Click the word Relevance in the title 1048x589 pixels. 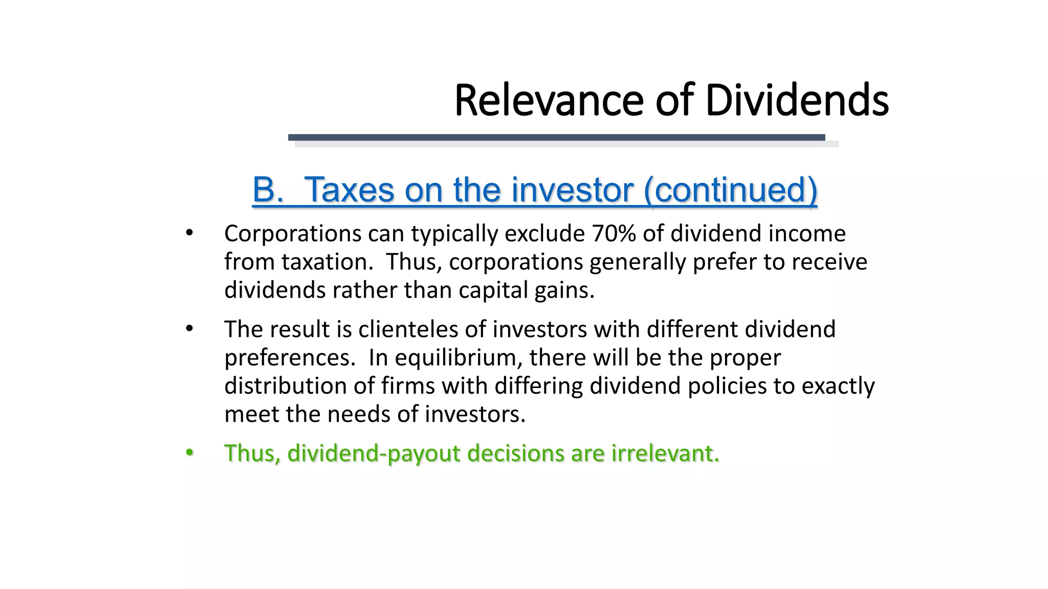(548, 101)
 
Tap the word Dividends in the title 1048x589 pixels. (797, 101)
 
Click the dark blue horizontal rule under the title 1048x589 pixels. (556, 137)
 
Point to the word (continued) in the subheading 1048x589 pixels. (730, 190)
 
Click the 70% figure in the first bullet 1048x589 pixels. (613, 234)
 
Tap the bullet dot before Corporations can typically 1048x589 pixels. (189, 233)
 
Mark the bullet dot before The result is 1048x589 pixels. (189, 329)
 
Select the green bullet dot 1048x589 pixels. (189, 452)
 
